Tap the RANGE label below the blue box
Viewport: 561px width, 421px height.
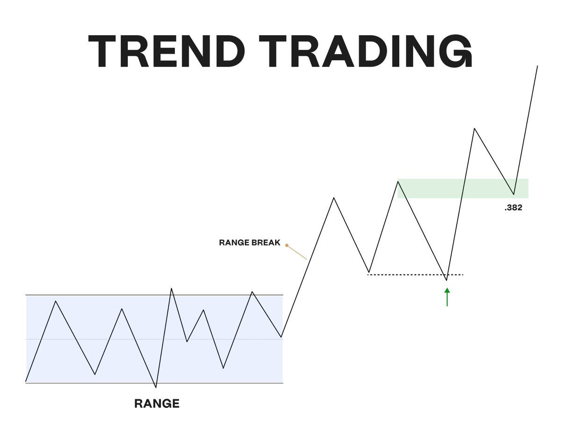click(x=157, y=403)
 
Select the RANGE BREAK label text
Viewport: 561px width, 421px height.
click(x=250, y=243)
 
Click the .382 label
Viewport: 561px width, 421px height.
click(x=513, y=208)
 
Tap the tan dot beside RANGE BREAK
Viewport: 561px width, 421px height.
click(x=287, y=245)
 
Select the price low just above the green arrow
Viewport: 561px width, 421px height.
click(x=446, y=280)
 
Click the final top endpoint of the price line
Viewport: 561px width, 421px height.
click(x=538, y=66)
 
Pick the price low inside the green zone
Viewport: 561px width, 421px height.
click(x=514, y=194)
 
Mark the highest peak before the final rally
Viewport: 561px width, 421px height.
click(x=475, y=128)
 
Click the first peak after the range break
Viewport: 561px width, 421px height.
click(x=334, y=198)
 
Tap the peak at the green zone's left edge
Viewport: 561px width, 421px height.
click(x=398, y=181)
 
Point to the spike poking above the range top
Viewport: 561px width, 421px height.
click(x=172, y=288)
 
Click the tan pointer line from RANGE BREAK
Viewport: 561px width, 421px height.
click(x=297, y=252)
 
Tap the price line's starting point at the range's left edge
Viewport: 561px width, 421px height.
click(x=26, y=381)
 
